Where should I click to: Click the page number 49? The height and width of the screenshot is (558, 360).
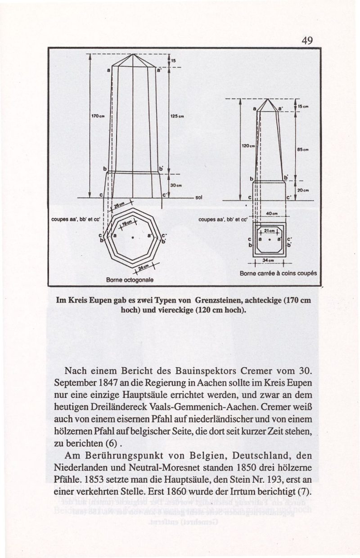pos(307,40)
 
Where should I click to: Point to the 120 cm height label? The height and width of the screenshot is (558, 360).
pos(247,146)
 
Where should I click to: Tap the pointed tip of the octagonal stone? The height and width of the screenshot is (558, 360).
pos(134,54)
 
